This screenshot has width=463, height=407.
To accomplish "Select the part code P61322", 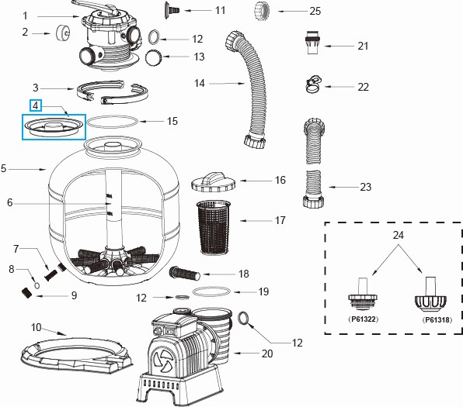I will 359,319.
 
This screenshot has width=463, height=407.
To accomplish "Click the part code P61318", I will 435,319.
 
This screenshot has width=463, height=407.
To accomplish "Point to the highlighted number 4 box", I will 35,105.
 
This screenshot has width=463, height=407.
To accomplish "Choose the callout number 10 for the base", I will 35,327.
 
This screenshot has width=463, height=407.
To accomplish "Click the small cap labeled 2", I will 60,33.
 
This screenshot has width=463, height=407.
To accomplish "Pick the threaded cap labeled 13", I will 154,57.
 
